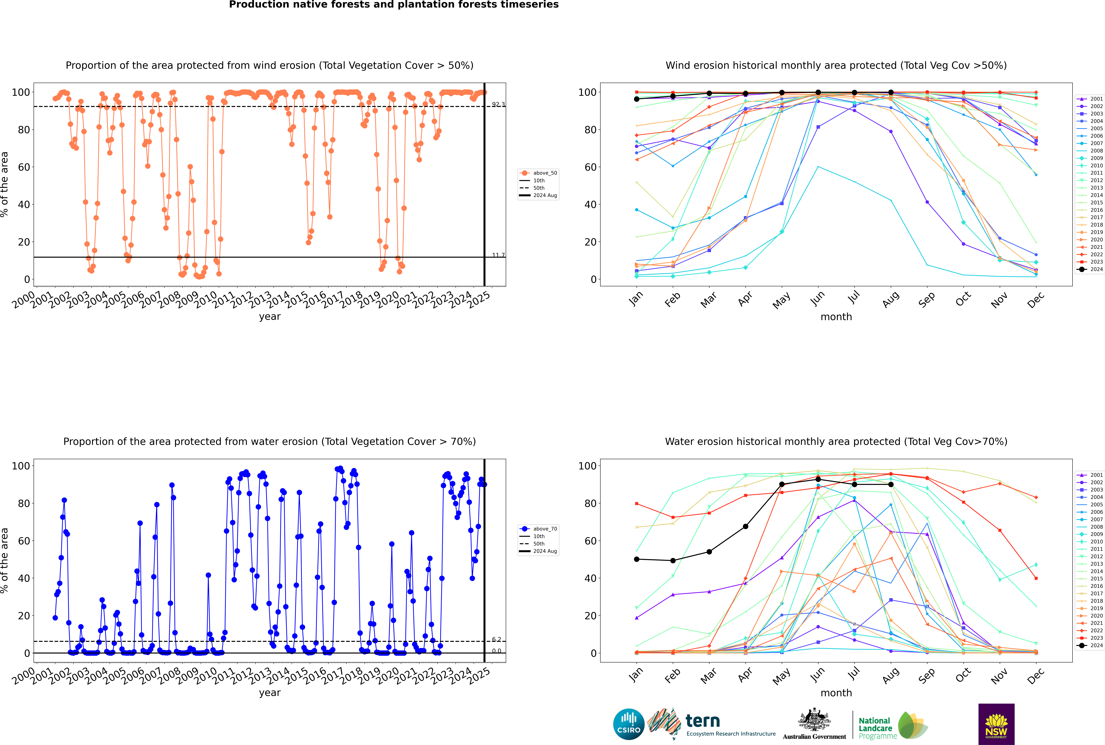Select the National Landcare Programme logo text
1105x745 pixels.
point(875,728)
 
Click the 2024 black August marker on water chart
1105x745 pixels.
point(891,485)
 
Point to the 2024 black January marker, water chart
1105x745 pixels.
point(637,559)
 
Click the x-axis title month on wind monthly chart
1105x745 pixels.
point(836,317)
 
